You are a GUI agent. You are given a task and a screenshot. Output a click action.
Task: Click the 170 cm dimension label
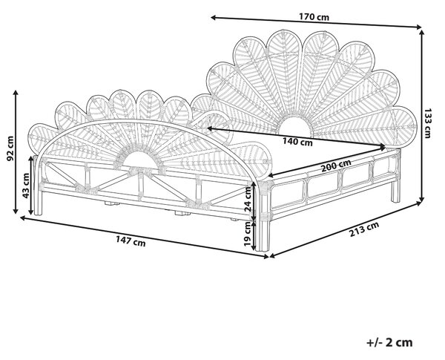pos(314,17)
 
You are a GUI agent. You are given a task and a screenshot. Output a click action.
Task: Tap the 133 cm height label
pos(427,122)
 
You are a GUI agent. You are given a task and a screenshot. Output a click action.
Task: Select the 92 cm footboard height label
pos(10,148)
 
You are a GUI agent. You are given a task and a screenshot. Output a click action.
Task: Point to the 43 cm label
pos(26,186)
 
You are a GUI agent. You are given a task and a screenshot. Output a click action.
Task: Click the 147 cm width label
pos(131,241)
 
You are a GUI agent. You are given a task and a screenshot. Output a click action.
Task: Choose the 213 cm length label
pos(364,229)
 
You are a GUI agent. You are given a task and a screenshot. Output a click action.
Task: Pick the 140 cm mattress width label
pos(297,141)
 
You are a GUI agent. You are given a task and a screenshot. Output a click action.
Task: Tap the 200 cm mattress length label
pos(336,166)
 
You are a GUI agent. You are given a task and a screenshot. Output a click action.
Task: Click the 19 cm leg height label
pos(248,234)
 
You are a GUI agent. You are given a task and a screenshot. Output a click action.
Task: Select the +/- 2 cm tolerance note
pos(389,342)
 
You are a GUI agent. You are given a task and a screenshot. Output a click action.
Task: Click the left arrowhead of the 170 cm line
pos(214,18)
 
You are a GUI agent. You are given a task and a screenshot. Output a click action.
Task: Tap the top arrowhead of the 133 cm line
pos(422,32)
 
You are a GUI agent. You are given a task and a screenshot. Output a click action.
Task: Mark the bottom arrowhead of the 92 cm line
pos(16,211)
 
